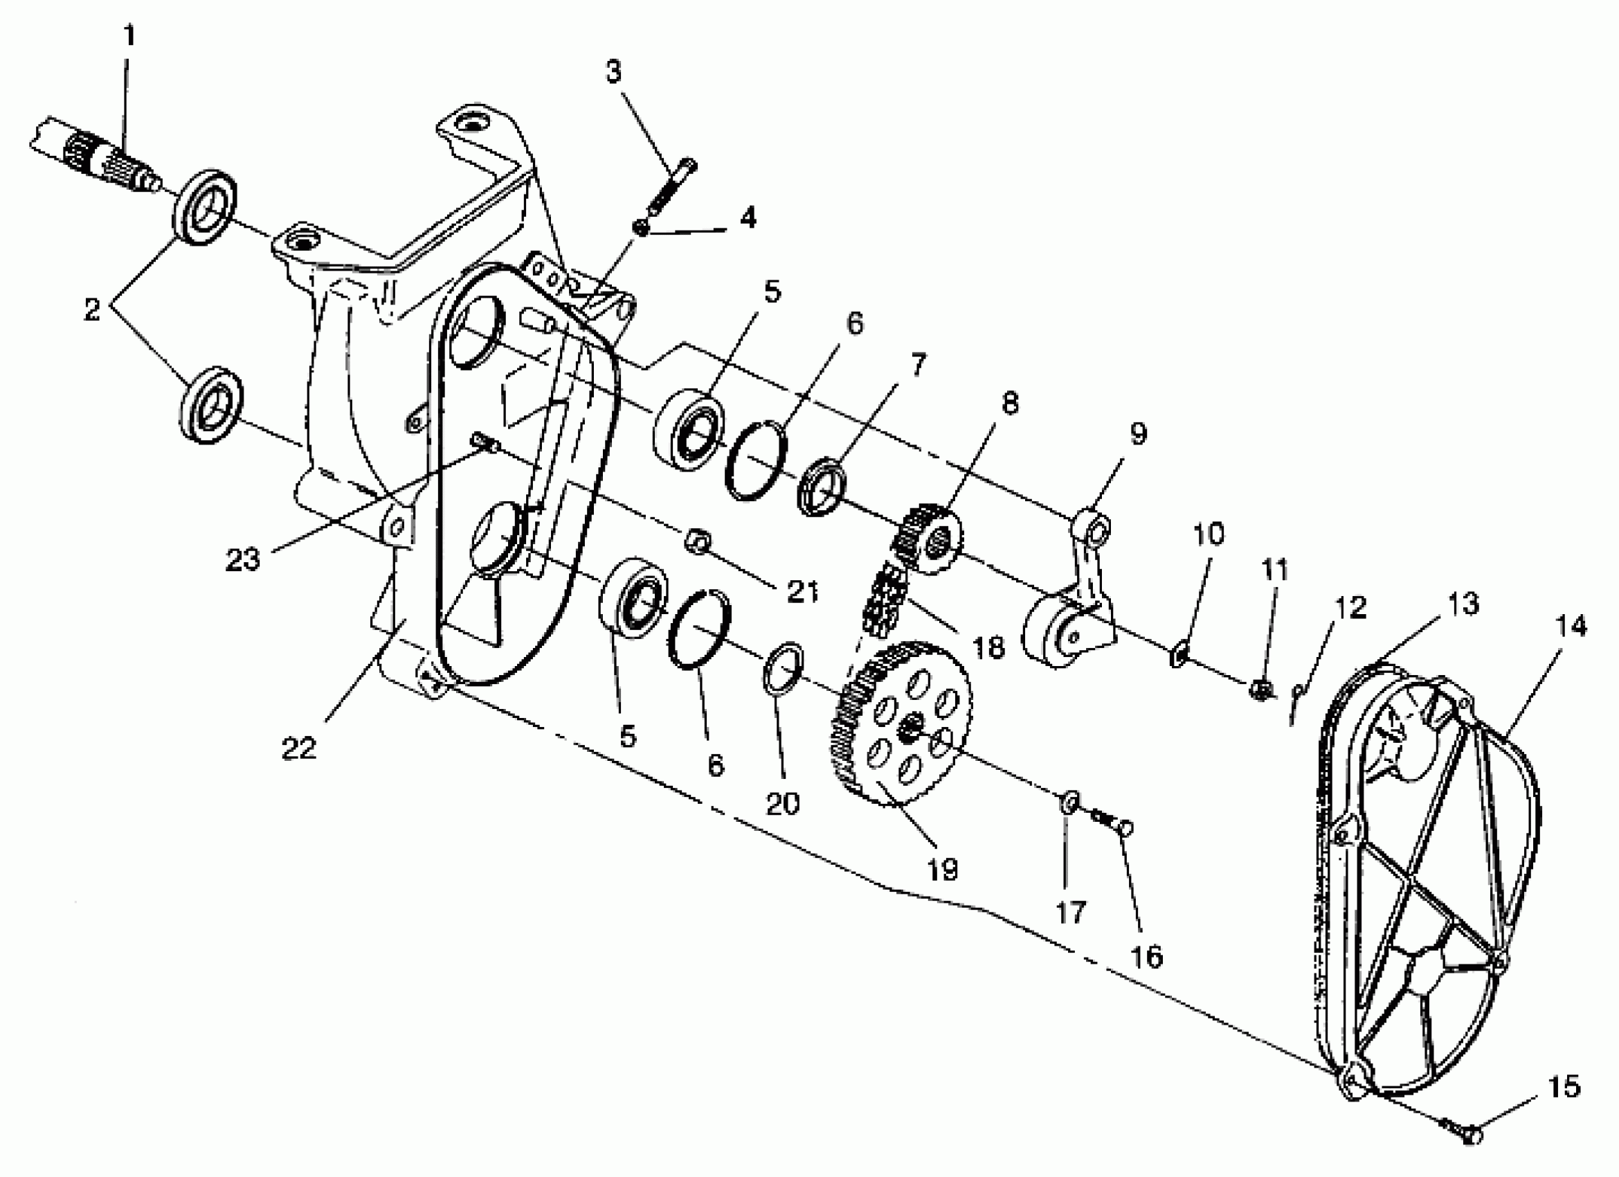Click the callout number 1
point(129,36)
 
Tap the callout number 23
point(243,559)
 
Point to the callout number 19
point(942,869)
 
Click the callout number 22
point(298,748)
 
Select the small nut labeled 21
point(696,543)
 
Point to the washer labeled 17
point(1068,801)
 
